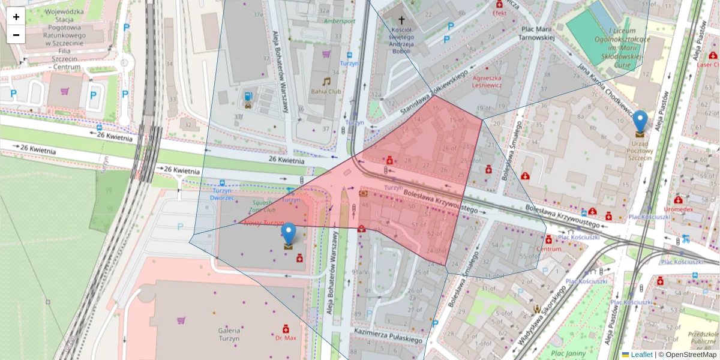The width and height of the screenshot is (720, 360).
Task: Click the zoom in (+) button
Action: tap(16, 17)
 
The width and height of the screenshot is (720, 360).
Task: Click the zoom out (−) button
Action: tap(16, 35)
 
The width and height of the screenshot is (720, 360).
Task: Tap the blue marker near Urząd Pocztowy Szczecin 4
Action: tap(640, 121)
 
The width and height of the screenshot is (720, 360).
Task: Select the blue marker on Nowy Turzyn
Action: tap(289, 233)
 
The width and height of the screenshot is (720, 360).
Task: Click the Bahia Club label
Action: tap(326, 92)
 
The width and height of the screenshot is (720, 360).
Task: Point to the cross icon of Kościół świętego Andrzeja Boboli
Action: tap(401, 20)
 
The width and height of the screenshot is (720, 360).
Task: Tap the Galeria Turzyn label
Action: tap(229, 334)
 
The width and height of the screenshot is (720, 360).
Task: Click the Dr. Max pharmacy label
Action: tap(286, 338)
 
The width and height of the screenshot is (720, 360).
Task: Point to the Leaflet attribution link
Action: tap(641, 355)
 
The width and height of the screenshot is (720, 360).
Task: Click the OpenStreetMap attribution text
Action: tap(687, 355)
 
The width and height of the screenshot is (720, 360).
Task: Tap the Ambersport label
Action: tap(339, 21)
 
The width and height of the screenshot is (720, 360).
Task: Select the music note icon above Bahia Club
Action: tap(326, 81)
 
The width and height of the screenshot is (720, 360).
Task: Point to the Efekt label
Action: tap(499, 13)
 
